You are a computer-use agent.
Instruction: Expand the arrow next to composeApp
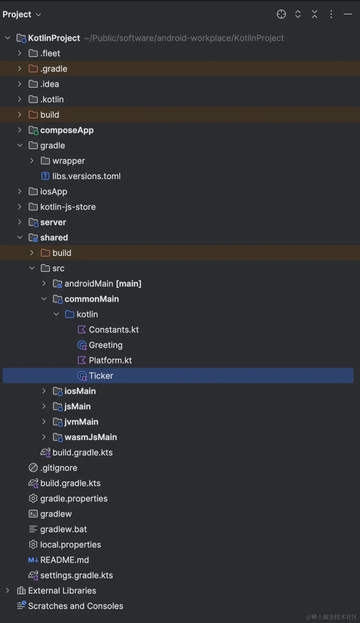[x=20, y=130]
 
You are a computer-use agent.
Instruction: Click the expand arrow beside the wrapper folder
[x=32, y=160]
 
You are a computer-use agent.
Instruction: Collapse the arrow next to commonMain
[x=44, y=299]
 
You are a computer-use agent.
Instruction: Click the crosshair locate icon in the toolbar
[x=281, y=14]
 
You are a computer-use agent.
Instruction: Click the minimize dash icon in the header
[x=348, y=14]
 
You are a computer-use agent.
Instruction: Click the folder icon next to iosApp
[x=33, y=191]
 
